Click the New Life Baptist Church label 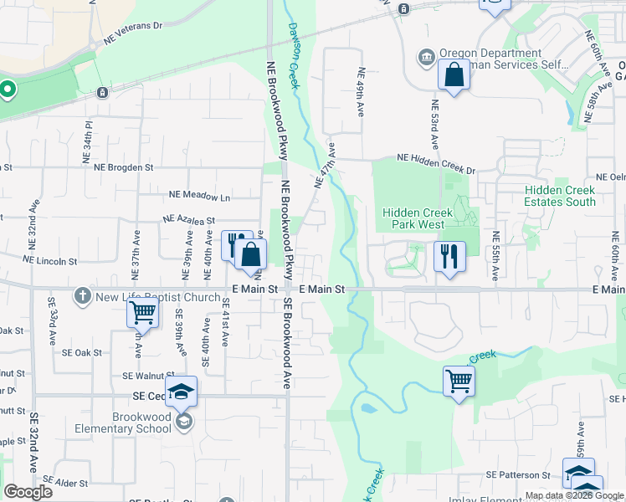tap(158, 296)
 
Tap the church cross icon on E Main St tap(82, 295)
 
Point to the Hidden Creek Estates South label tap(560, 196)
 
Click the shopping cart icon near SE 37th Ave tap(142, 313)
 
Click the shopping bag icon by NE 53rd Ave tap(453, 75)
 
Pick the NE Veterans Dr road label tap(133, 31)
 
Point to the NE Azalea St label tap(189, 220)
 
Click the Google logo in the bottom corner tap(28, 491)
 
